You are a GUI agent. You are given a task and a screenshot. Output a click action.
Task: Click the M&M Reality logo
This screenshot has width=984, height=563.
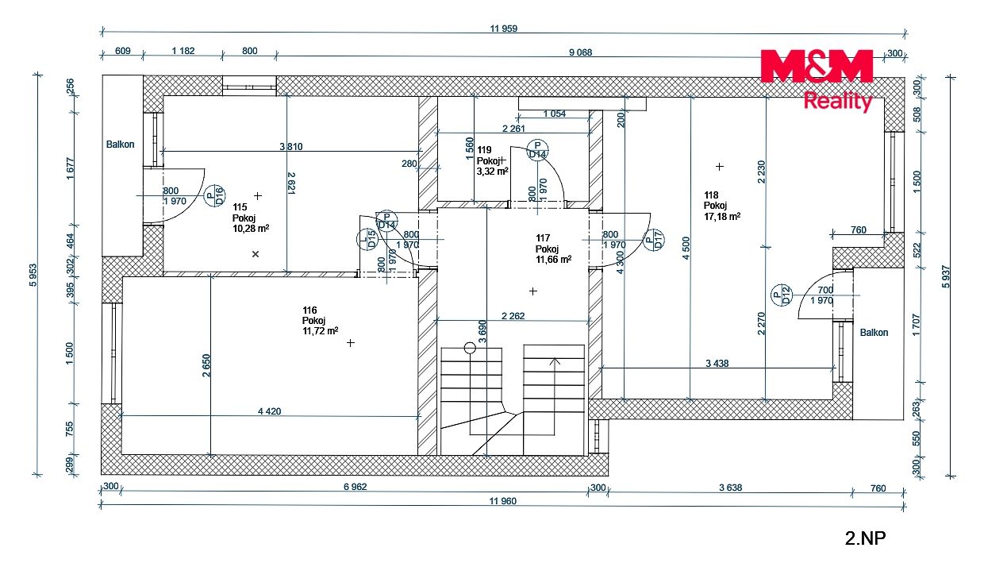(x=817, y=80)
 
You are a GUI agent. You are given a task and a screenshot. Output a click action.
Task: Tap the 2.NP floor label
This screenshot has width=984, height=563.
(x=865, y=538)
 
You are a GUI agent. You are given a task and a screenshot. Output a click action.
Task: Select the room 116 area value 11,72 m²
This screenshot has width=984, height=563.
(x=321, y=331)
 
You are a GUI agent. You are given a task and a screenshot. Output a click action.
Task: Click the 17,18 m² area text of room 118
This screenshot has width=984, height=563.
(x=722, y=217)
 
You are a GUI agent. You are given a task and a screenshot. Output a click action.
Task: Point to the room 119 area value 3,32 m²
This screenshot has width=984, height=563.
(x=493, y=172)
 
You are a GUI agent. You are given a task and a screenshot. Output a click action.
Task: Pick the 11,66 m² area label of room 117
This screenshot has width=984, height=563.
(x=554, y=260)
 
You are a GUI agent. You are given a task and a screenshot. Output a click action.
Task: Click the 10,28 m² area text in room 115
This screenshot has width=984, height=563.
(x=251, y=229)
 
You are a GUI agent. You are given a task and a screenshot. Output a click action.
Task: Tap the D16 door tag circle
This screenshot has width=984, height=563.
(x=215, y=195)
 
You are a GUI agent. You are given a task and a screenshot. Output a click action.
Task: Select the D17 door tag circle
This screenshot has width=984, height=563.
(x=654, y=240)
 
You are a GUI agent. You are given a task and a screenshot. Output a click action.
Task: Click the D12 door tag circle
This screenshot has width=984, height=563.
(x=782, y=295)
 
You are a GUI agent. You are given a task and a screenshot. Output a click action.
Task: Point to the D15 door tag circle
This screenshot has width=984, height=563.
(x=367, y=240)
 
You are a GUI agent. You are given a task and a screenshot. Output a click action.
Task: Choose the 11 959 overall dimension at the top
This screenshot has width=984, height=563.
(x=504, y=29)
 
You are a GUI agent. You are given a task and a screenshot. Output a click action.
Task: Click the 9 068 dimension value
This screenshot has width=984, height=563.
(x=580, y=52)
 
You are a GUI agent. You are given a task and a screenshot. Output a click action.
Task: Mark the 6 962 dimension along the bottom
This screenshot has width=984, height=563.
(x=355, y=487)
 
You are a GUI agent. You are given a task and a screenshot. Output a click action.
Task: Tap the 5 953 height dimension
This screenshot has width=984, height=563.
(x=33, y=275)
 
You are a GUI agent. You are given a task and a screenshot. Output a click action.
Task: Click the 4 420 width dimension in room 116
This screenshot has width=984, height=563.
(x=269, y=411)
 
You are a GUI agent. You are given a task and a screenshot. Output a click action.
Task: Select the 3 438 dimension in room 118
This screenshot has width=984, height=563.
(x=717, y=364)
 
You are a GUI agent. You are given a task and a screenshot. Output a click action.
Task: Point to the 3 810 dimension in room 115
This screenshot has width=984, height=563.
(x=290, y=147)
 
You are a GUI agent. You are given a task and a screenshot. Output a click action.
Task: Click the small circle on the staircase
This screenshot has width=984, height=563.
(x=470, y=348)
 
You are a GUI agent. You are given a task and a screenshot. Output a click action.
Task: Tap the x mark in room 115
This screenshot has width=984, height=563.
(x=256, y=254)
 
